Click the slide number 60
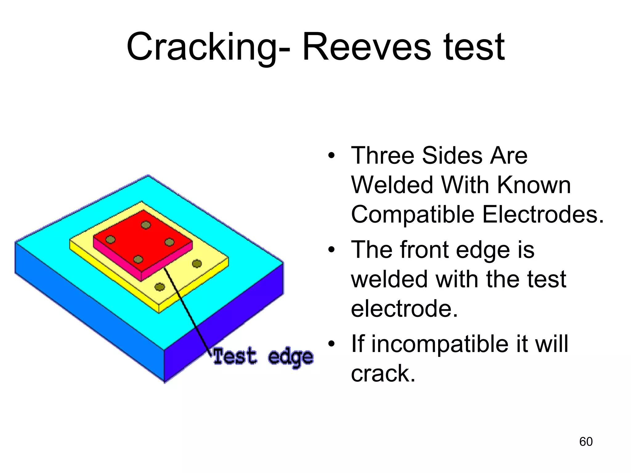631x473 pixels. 586,442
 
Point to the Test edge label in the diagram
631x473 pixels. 263,357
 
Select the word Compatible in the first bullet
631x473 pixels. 413,214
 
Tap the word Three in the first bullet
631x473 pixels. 382,156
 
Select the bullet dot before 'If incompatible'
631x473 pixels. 331,344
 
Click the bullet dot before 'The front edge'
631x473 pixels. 331,250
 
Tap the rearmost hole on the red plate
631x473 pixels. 146,225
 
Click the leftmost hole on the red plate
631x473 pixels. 110,240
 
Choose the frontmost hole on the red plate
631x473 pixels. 138,260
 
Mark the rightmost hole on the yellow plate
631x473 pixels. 197,264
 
